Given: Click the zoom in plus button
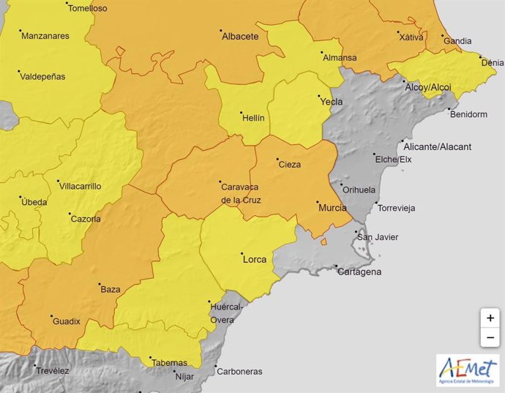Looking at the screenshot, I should [490, 318].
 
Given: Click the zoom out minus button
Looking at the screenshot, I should [490, 337].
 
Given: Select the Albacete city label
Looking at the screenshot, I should [240, 36].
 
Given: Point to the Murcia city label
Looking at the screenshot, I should [332, 208].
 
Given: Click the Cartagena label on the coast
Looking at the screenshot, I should [359, 272].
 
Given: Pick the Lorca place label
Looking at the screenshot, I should [255, 259].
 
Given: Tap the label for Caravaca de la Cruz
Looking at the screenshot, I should [241, 193].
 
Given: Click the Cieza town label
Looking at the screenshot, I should [290, 165].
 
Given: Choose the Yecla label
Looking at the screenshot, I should [332, 102].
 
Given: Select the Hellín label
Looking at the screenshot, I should [252, 118].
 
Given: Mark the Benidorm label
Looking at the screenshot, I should [468, 114].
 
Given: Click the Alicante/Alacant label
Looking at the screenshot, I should [437, 146].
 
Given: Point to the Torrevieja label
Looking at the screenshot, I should [396, 208].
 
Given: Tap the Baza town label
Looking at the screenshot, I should [111, 289].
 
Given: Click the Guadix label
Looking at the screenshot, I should [66, 321].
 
